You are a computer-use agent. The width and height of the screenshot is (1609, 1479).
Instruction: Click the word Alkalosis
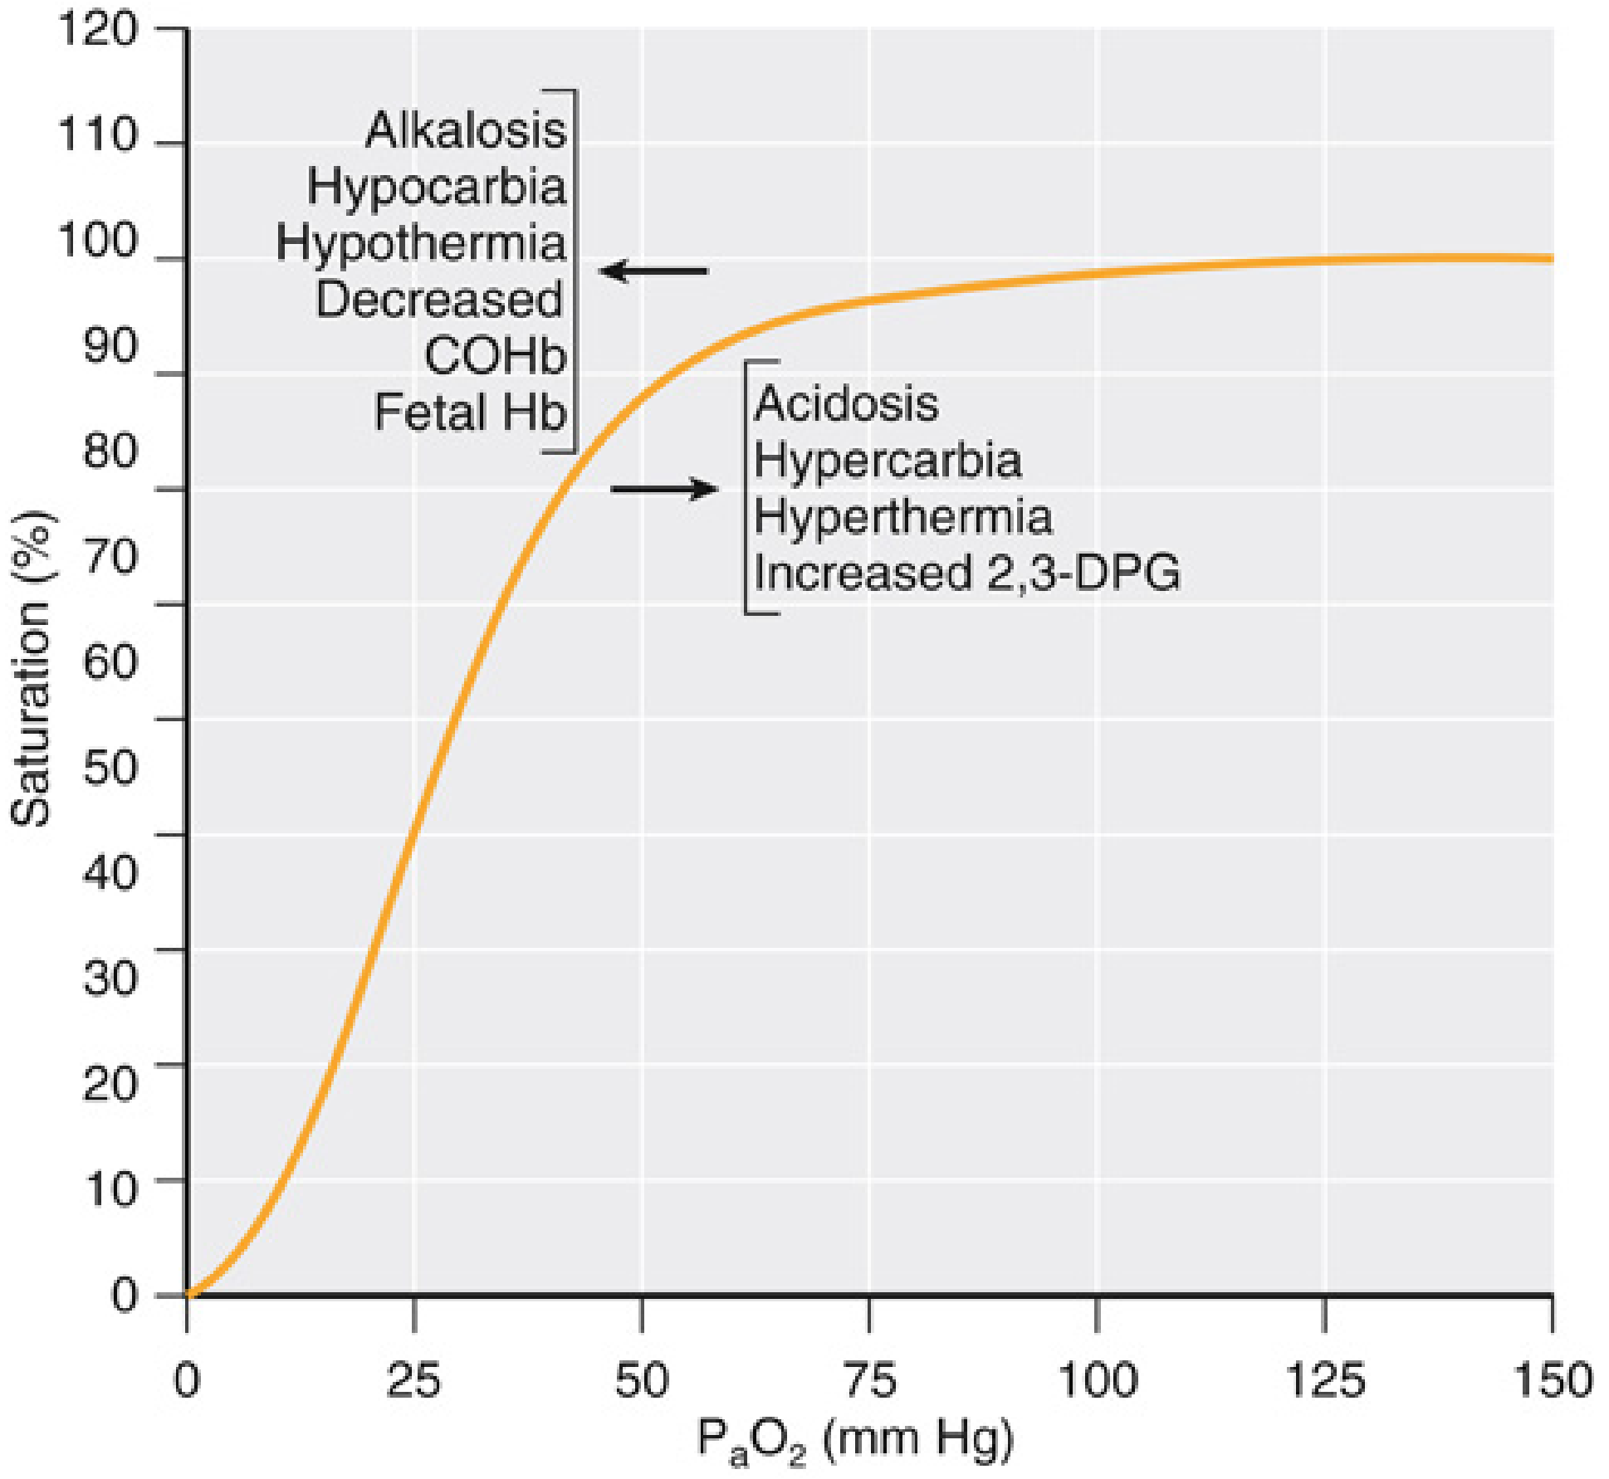point(466,130)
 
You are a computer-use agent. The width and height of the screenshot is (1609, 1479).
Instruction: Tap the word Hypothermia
point(421,243)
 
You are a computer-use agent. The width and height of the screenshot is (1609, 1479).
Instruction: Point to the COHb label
point(495,356)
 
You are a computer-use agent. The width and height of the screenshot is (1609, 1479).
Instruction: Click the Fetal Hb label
point(470,412)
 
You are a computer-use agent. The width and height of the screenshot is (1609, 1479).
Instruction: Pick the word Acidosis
point(846,403)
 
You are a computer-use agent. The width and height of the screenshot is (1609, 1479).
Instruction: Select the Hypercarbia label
point(888,460)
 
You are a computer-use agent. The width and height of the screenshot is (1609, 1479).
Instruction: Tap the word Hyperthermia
point(903,516)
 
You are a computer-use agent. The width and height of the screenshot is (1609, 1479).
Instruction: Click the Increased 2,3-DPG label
point(967,573)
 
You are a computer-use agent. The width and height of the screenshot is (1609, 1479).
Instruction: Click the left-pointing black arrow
point(653,271)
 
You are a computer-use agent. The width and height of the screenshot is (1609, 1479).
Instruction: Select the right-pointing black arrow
point(664,489)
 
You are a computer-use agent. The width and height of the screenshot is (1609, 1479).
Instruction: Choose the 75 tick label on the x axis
point(869,1381)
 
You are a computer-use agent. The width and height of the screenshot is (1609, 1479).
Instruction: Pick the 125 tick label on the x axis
point(1324,1381)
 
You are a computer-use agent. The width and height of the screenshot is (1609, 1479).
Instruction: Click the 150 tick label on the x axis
point(1552,1381)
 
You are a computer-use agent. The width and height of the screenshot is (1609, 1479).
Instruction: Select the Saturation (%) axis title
point(32,669)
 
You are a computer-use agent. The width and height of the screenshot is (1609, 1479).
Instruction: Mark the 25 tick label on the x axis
point(413,1381)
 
